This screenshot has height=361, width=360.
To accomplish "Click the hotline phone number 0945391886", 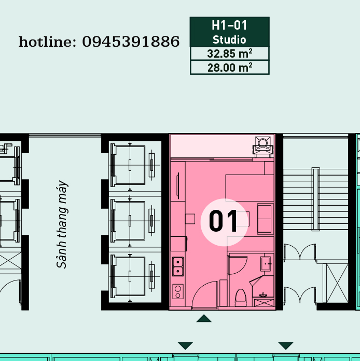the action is [131, 42].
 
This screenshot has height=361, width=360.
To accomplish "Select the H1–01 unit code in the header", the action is [229, 25].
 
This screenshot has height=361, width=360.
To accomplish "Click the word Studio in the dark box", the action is [229, 39].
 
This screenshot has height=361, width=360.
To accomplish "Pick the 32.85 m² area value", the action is [230, 54].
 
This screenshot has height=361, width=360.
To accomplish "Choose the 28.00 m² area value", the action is [230, 68].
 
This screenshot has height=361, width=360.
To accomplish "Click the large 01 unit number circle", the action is [224, 222].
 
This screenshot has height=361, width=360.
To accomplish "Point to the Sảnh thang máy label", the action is [62, 224].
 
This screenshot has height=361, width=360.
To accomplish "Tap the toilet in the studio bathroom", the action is [241, 298].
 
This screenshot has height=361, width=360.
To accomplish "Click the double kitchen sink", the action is [178, 266].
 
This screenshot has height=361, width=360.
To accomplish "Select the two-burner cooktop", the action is [178, 291].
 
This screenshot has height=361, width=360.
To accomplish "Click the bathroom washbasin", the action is [266, 264].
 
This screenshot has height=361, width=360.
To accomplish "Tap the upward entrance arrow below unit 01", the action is [204, 318].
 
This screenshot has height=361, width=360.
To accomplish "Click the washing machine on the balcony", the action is [263, 146].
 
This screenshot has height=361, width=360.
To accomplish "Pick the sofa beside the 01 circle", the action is [265, 219].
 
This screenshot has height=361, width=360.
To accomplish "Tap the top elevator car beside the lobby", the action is [130, 165].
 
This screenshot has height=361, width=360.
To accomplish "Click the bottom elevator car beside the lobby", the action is [130, 276].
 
